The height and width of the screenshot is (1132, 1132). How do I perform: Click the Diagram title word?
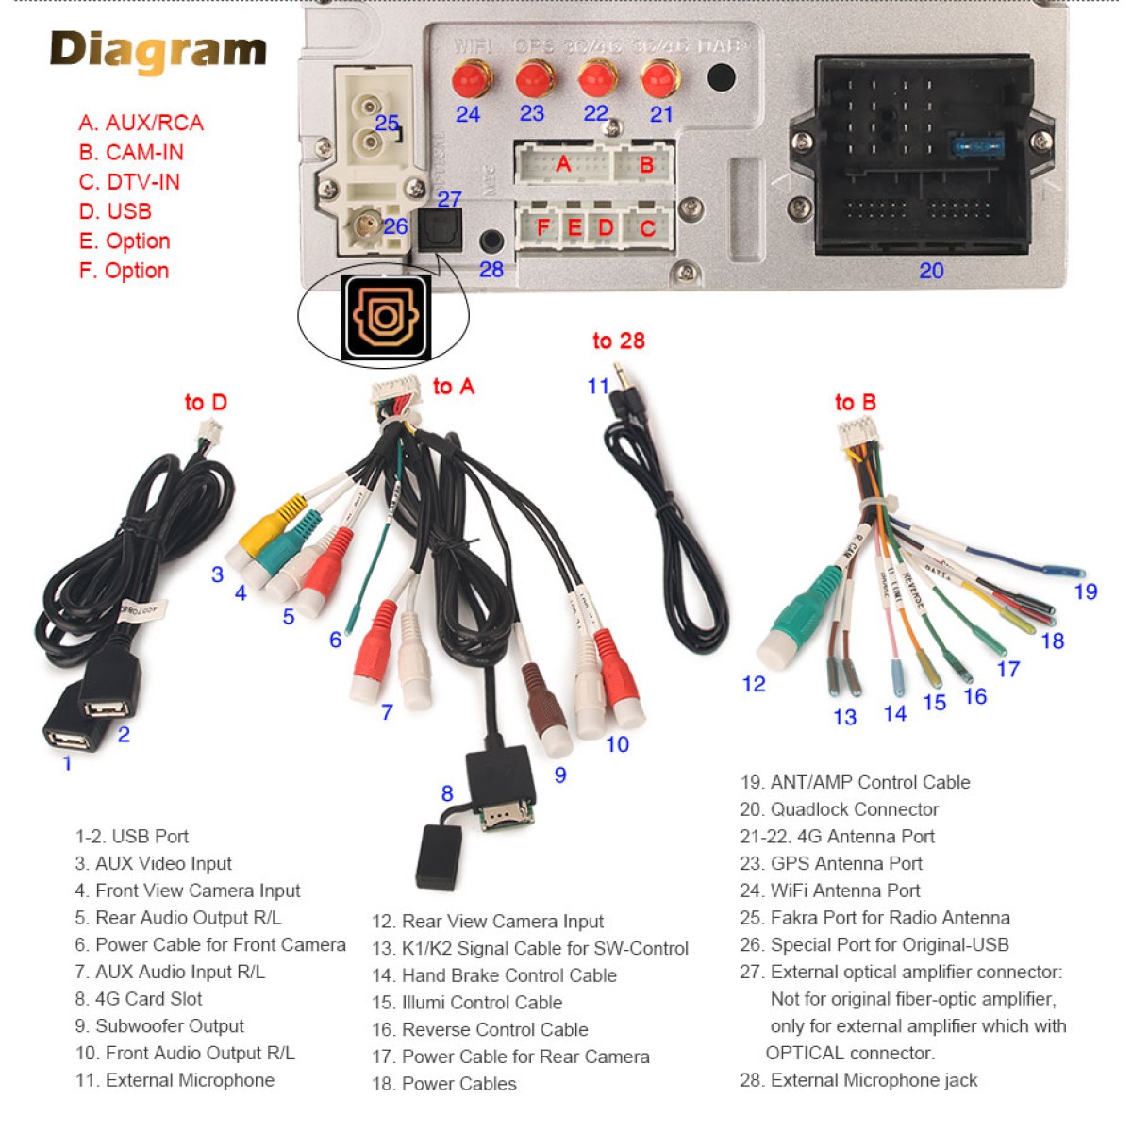158,51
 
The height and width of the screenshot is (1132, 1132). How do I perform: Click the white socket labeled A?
563,164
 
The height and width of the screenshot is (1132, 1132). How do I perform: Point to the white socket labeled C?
647,228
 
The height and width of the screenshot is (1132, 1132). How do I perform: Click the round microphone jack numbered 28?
491,241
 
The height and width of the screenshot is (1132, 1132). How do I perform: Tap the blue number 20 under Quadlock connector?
931,271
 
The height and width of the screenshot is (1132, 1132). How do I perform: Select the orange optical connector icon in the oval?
385,317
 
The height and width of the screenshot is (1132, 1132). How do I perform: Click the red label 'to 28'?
618,341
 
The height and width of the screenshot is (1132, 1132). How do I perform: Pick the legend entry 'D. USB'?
115,211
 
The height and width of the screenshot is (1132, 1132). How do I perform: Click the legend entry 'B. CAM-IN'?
131,152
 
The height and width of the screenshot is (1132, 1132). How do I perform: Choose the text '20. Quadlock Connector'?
840,809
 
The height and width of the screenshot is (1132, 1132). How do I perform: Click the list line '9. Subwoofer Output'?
160,1025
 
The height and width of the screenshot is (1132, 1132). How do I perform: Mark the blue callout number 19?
1086,591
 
